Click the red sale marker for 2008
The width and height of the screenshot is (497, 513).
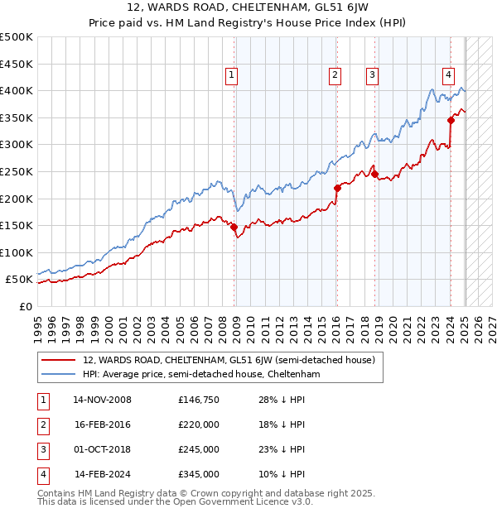pyautogui.click(x=234, y=227)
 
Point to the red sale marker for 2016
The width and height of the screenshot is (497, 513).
pyautogui.click(x=337, y=188)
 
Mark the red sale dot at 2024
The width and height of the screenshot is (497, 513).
pyautogui.click(x=451, y=120)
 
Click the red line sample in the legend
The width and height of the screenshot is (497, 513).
pyautogui.click(x=59, y=360)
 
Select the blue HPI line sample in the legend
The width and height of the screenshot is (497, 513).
pyautogui.click(x=59, y=375)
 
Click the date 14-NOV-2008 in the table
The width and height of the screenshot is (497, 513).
pyautogui.click(x=103, y=400)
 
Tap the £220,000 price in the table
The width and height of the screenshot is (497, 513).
pyautogui.click(x=199, y=425)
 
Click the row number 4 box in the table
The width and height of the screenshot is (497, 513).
pyautogui.click(x=41, y=475)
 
